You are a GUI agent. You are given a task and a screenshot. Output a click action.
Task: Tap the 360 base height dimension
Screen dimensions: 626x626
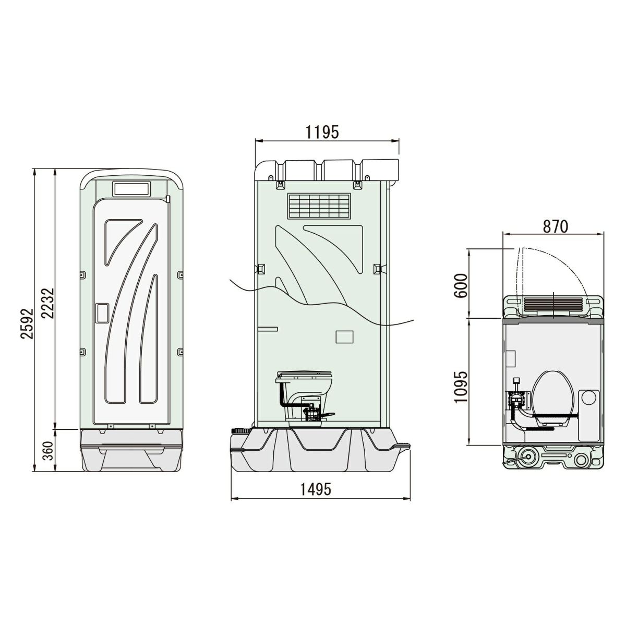click(x=48, y=451)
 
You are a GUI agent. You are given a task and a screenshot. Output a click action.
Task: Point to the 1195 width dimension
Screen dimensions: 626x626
click(x=322, y=132)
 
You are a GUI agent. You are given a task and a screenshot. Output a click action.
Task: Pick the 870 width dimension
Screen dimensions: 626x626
click(x=556, y=226)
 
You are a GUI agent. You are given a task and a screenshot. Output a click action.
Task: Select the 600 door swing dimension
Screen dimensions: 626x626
click(x=461, y=286)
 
